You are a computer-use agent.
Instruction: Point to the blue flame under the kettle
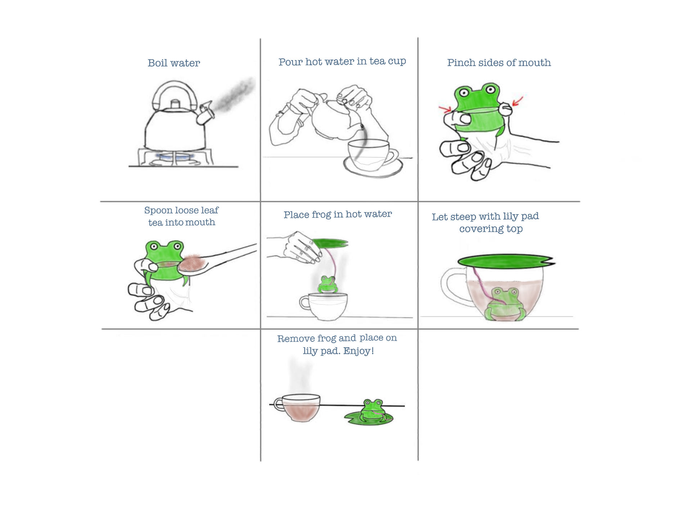click(x=175, y=157)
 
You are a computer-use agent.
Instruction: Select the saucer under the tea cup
click(x=373, y=168)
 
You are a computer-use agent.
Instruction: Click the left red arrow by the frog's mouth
click(x=445, y=108)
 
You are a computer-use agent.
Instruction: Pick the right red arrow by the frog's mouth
click(x=518, y=100)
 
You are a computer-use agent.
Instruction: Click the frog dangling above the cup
click(x=328, y=285)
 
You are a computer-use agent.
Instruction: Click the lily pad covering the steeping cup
click(x=506, y=261)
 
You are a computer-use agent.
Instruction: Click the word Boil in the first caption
click(x=158, y=63)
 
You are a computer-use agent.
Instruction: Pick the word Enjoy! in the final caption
click(x=358, y=351)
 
